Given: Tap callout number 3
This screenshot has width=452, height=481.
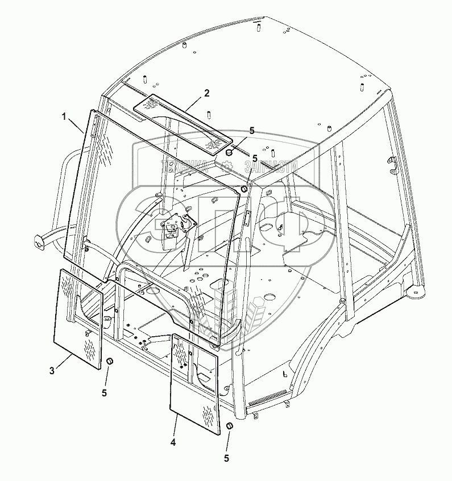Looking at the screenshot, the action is (52, 371).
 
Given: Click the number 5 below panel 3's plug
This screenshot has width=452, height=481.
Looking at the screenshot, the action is (104, 392).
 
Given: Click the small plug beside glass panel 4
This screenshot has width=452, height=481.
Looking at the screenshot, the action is (230, 426).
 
